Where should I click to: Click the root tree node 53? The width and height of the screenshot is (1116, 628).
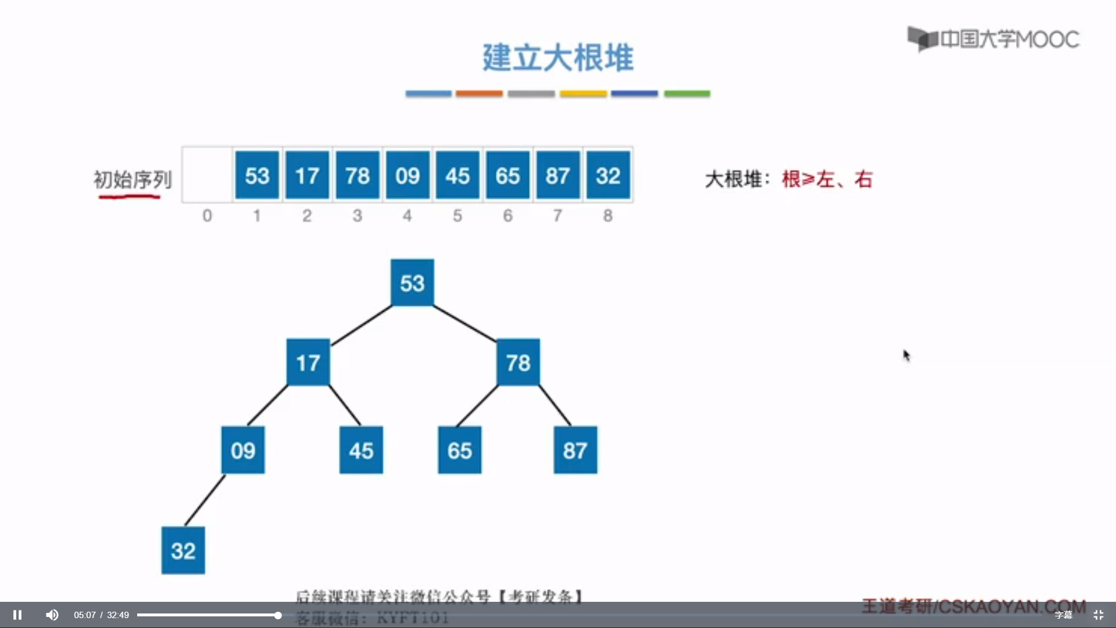point(412,283)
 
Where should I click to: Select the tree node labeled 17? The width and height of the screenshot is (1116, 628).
point(308,362)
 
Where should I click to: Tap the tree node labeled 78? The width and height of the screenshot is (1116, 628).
point(518,362)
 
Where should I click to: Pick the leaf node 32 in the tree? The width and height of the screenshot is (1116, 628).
point(183,550)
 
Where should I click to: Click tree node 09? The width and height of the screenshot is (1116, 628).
point(243,450)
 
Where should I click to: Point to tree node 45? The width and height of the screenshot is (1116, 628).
point(361,450)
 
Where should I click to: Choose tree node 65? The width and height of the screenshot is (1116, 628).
point(459,450)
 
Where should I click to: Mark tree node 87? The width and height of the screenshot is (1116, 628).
point(575,450)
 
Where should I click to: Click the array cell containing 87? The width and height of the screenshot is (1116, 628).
point(557,175)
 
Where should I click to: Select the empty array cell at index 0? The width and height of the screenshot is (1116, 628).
point(208,175)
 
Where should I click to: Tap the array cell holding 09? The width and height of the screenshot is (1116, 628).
point(407,175)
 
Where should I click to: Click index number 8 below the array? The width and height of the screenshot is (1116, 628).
point(608,216)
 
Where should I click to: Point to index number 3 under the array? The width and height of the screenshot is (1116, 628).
point(357,216)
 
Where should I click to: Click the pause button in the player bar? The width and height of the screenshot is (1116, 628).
point(17,615)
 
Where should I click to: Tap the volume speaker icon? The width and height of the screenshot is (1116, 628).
point(52,615)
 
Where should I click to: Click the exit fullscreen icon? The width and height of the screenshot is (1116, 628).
point(1099,615)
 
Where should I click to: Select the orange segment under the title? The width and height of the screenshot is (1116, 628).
point(479,94)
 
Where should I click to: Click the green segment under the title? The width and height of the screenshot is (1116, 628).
point(687,94)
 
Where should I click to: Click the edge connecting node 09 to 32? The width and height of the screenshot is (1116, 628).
point(205,501)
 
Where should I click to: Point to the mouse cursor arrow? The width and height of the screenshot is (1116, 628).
point(906,355)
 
